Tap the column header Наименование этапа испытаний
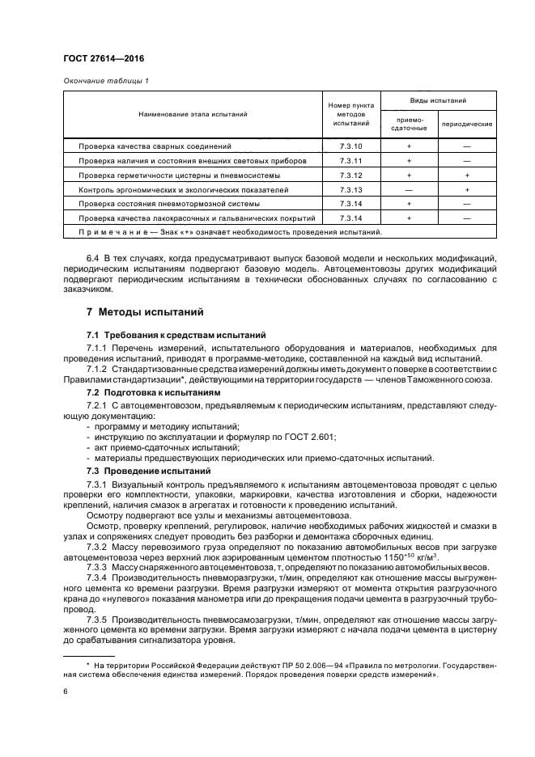click(193, 115)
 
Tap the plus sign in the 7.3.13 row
click(467, 189)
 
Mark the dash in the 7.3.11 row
click(467, 161)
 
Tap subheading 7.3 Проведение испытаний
click(144, 471)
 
